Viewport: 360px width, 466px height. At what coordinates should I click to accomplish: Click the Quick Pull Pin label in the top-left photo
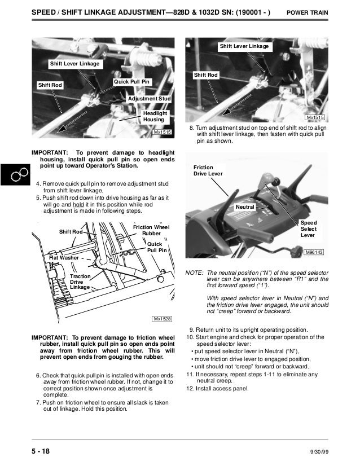click(132, 82)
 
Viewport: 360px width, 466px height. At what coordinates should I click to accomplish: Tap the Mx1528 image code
click(163, 319)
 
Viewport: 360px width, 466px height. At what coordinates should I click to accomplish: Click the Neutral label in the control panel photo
click(245, 208)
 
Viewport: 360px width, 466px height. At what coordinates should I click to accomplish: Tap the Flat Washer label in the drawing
click(64, 258)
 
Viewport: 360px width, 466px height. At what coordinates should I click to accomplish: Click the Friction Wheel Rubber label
click(151, 230)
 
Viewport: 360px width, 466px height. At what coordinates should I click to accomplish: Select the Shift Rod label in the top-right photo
click(205, 75)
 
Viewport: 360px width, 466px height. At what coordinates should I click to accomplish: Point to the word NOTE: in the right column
click(194, 272)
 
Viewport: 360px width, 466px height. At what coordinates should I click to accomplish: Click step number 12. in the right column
click(190, 389)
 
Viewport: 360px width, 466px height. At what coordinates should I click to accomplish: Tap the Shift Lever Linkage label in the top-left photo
click(74, 64)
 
